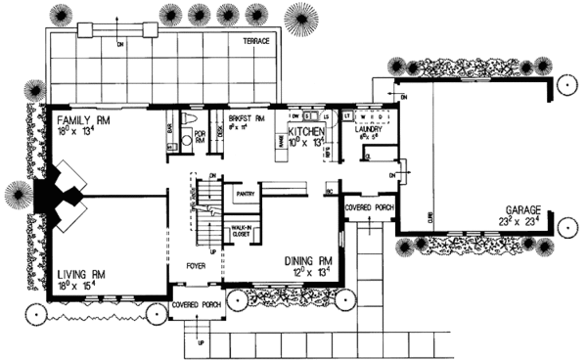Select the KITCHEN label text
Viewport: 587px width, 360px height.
[x=311, y=129]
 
